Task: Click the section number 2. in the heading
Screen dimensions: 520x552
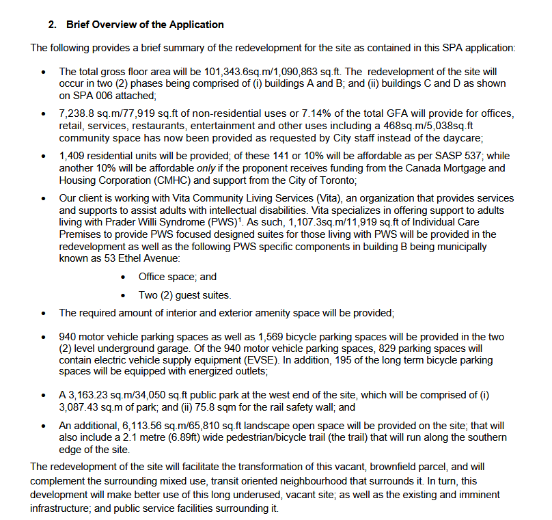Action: pyautogui.click(x=52, y=25)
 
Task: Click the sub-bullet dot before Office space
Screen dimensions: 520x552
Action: pyautogui.click(x=123, y=277)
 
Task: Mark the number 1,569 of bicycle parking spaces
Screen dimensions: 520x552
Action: pyautogui.click(x=271, y=337)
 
